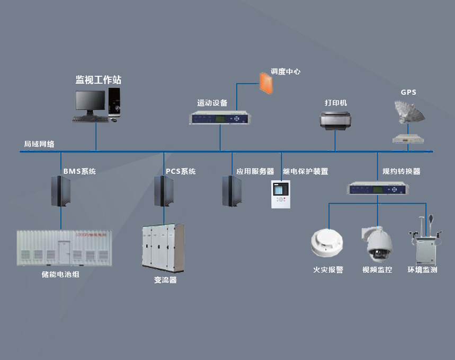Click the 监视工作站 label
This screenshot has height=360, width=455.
click(98, 80)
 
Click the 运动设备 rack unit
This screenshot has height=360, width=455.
click(220, 118)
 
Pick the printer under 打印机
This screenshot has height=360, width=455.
click(336, 120)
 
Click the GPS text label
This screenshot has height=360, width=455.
click(408, 92)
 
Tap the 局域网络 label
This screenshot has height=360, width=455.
click(39, 144)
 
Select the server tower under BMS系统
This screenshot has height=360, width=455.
click(60, 191)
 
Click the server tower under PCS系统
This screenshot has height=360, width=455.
click(164, 191)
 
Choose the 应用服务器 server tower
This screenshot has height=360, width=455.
click(232, 191)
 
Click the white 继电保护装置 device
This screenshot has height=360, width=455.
click(280, 194)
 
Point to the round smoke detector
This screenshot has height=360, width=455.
click(327, 243)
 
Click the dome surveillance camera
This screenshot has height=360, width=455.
click(377, 243)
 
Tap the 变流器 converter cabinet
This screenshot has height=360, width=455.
click(163, 248)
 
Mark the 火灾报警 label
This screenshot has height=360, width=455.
click(328, 270)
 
